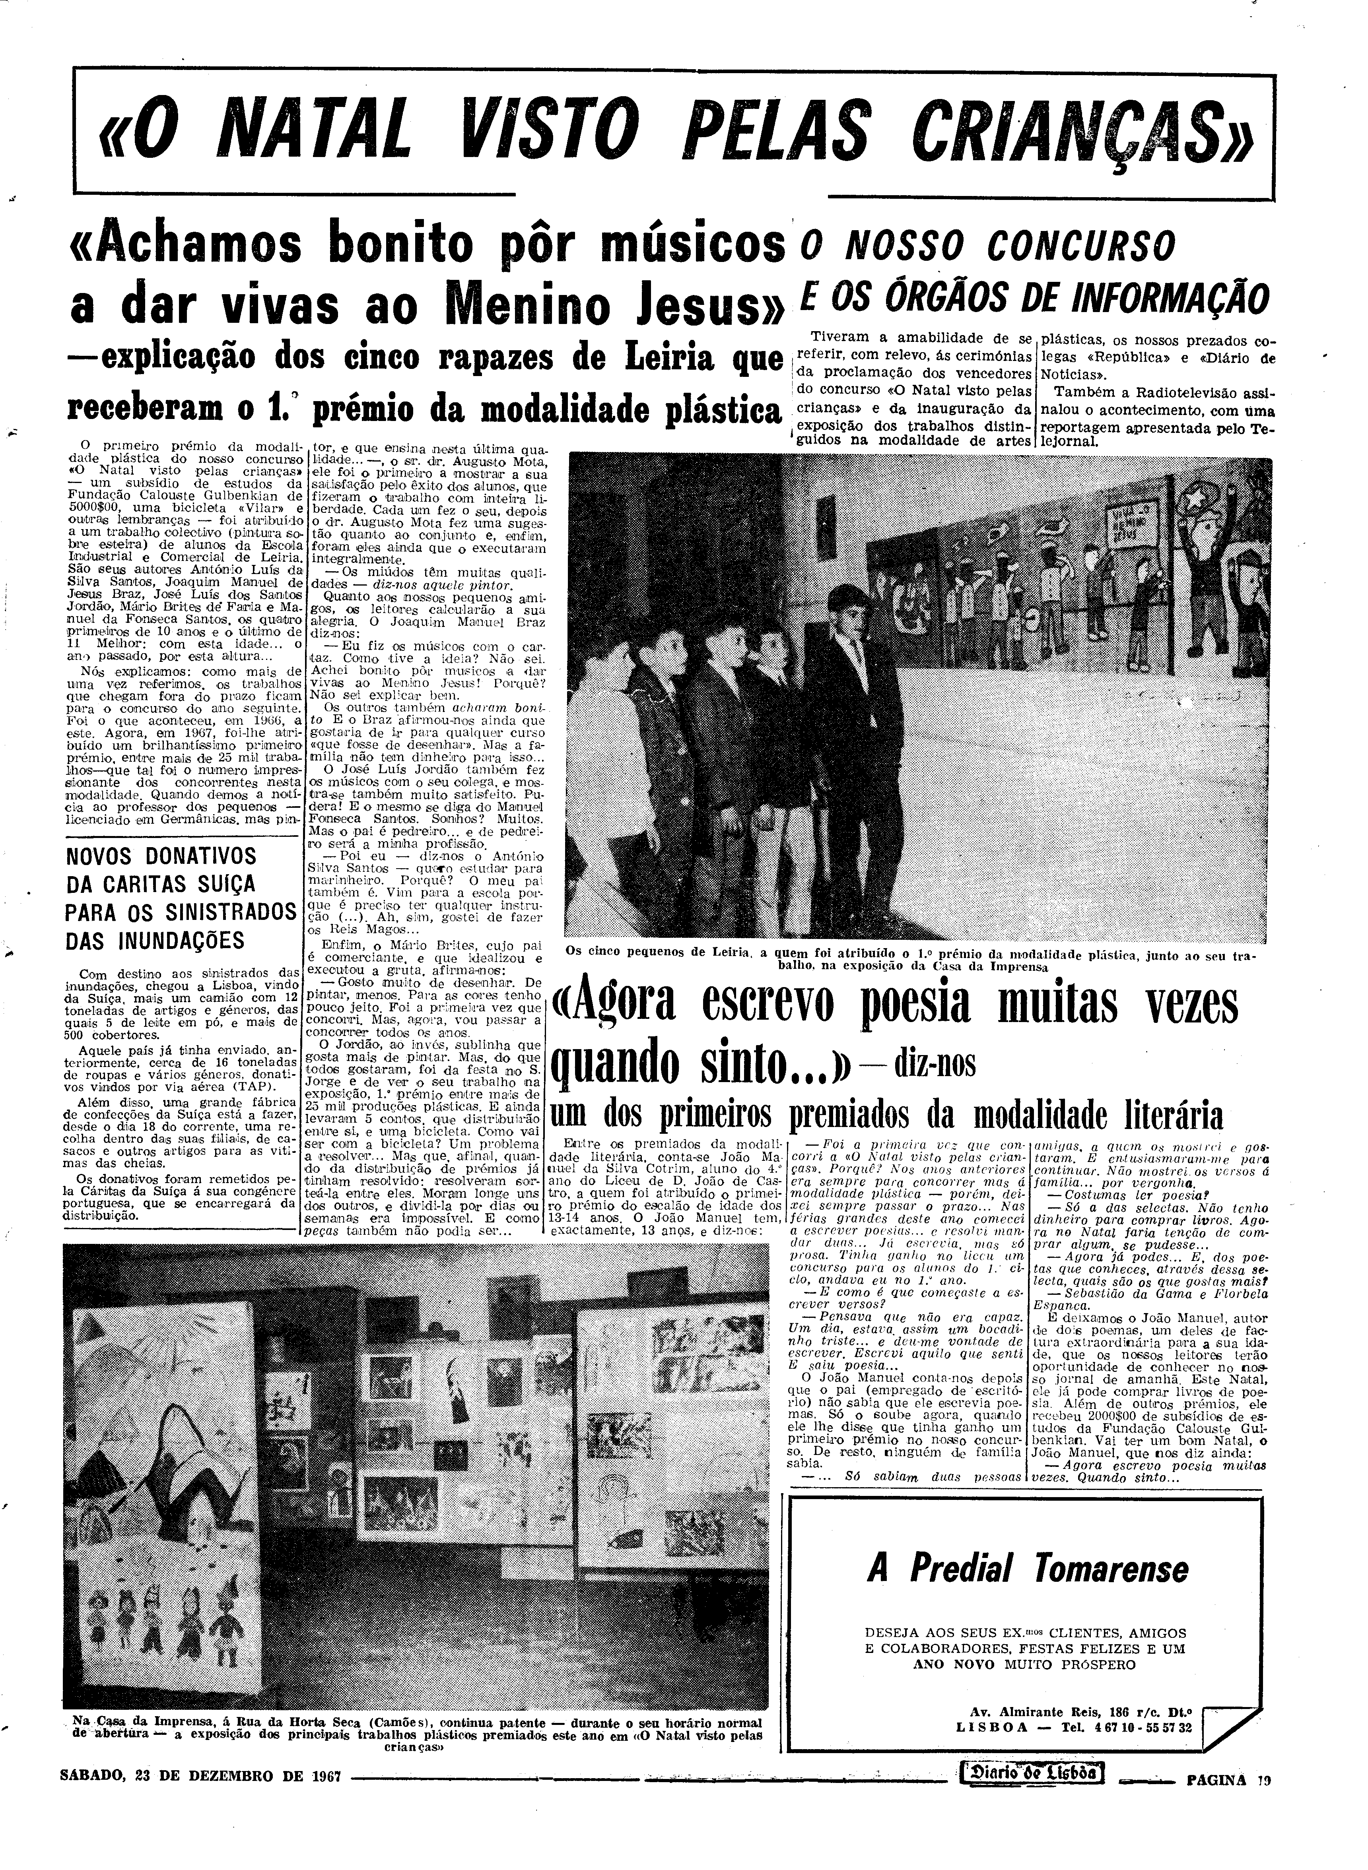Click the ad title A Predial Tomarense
point(1027,1569)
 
